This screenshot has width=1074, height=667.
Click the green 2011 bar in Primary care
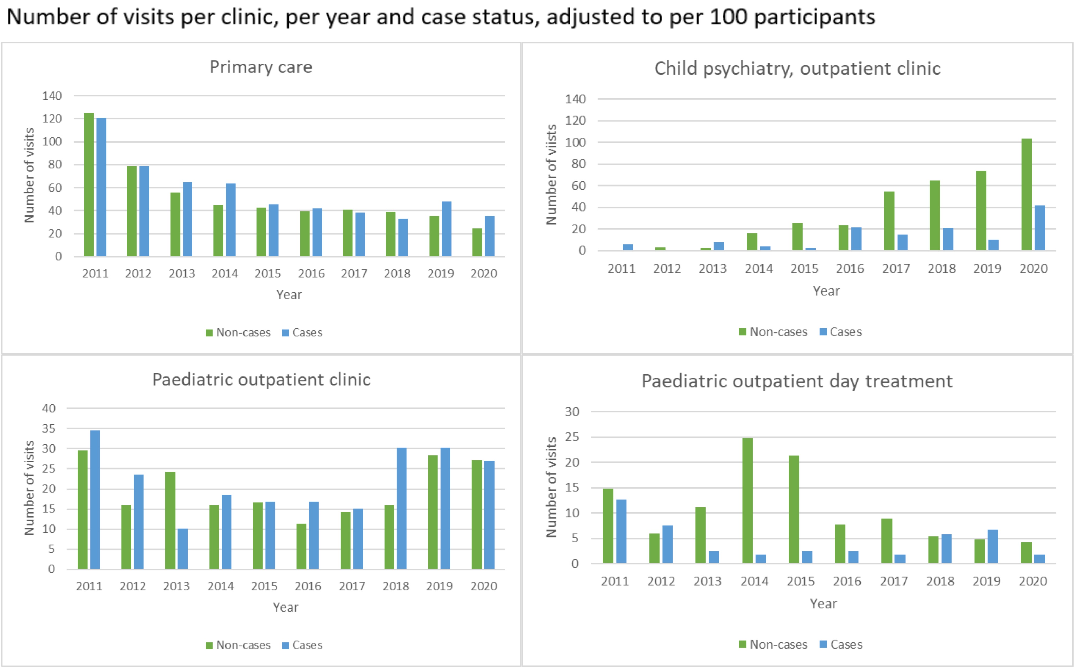89,184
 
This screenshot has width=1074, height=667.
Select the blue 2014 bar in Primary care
231,220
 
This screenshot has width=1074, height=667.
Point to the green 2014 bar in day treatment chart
747,500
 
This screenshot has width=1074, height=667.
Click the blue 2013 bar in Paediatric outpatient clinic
183,549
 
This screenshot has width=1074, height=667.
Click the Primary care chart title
261,67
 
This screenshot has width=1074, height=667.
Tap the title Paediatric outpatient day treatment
797,381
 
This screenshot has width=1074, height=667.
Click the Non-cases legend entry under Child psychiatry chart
773,332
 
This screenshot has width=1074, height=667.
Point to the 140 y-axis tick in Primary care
52,96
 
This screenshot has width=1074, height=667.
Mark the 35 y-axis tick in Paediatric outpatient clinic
49,428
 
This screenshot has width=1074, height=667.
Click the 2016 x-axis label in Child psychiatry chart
850,269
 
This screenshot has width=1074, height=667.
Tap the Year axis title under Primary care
289,295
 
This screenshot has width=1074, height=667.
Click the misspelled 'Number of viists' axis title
552,174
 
